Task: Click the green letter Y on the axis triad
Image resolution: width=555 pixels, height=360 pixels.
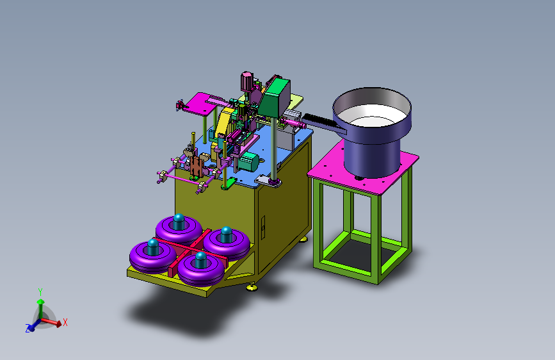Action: click(40, 292)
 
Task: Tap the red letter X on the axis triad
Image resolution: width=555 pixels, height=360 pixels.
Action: click(65, 322)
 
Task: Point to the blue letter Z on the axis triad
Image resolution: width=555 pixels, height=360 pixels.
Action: click(28, 329)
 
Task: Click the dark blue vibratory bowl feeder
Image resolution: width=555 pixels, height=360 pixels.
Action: click(372, 131)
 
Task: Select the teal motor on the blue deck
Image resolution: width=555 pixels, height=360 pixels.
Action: click(248, 162)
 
